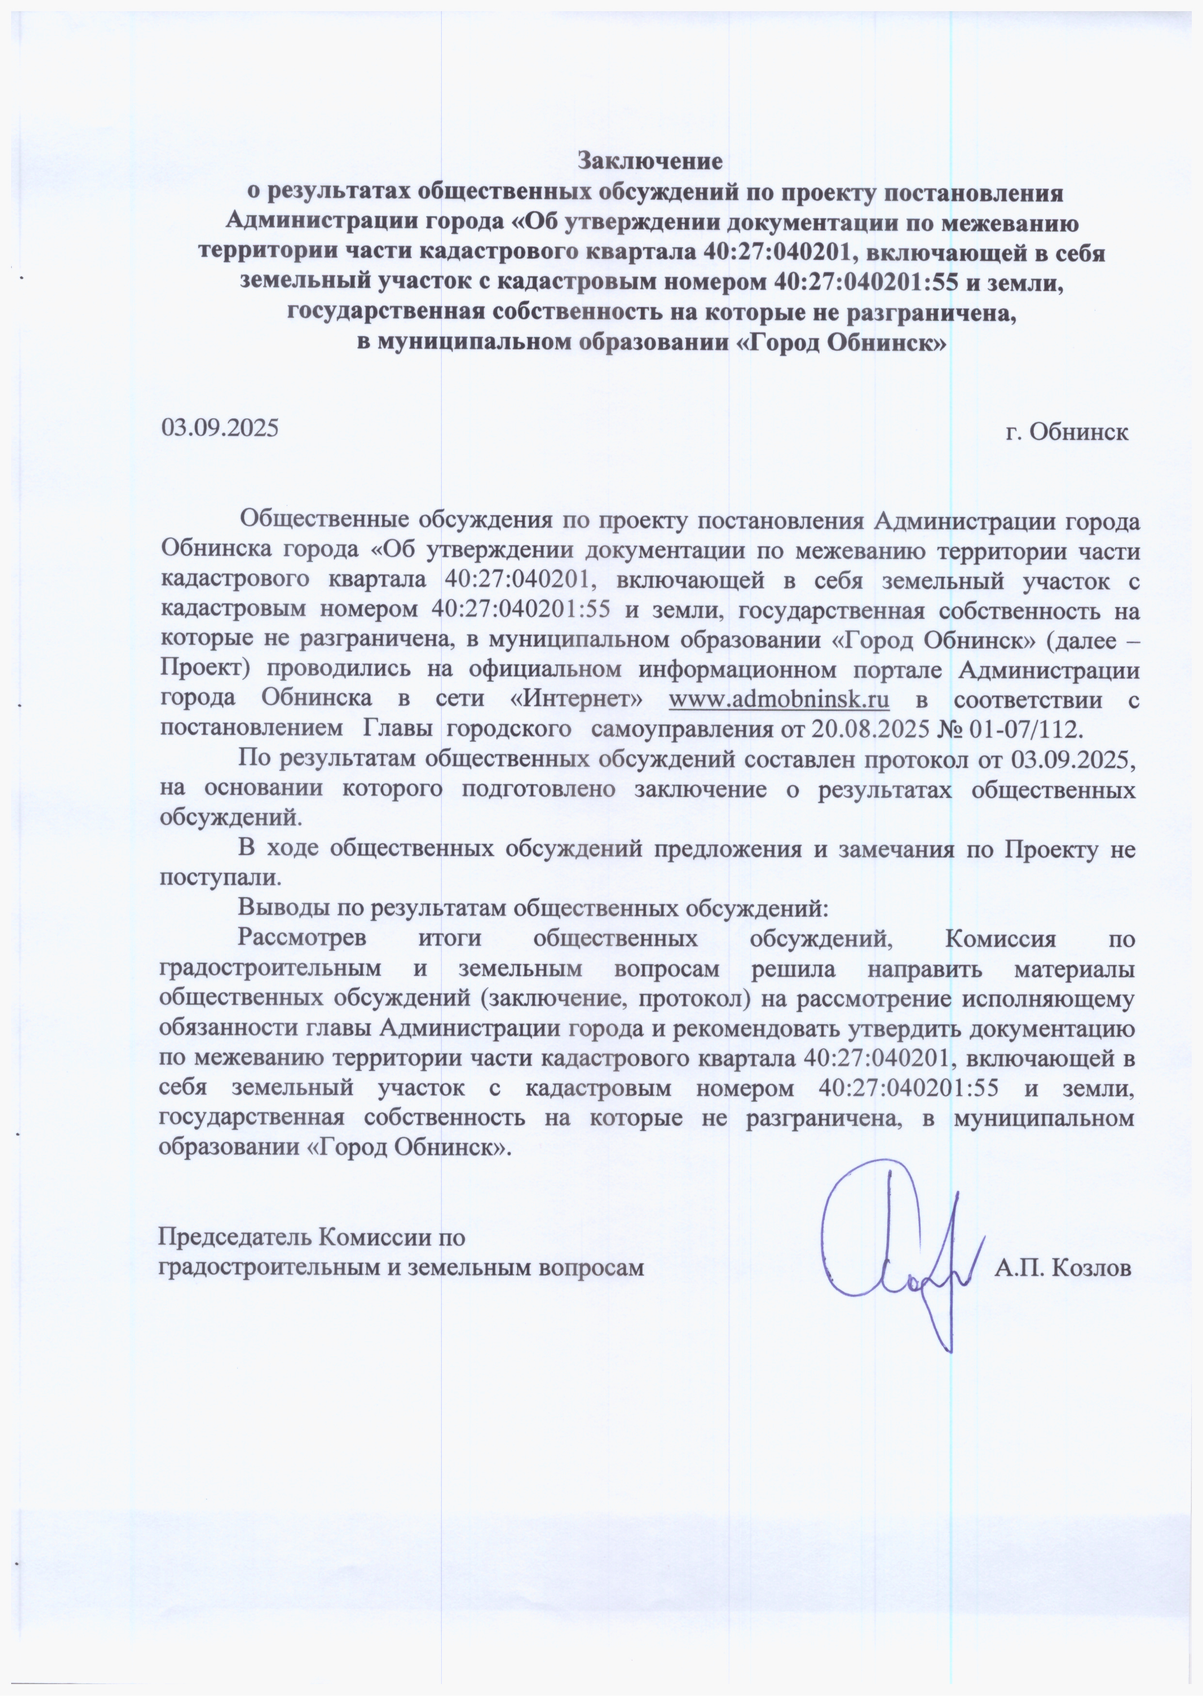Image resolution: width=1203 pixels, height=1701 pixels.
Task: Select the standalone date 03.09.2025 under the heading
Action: pos(220,427)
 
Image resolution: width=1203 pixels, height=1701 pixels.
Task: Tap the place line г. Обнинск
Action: pos(1067,433)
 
